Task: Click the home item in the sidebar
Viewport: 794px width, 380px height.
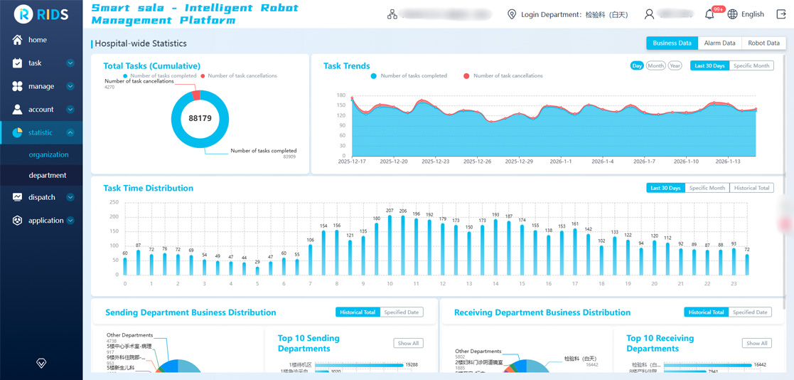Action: pyautogui.click(x=37, y=40)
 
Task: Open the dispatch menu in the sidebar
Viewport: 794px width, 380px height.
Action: pyautogui.click(x=42, y=197)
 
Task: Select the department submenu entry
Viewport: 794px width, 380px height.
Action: pyautogui.click(x=48, y=175)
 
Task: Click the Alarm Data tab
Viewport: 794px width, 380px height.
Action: pyautogui.click(x=719, y=43)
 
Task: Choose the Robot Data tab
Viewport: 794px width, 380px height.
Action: pyautogui.click(x=763, y=43)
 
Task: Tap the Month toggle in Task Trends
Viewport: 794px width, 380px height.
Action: pyautogui.click(x=655, y=65)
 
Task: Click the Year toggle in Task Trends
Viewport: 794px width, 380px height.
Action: pyautogui.click(x=675, y=65)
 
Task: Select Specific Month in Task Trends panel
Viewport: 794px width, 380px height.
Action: pyautogui.click(x=751, y=65)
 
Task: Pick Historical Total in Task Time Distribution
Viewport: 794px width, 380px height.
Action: pyautogui.click(x=751, y=188)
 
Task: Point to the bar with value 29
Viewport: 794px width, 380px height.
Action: pyautogui.click(x=257, y=270)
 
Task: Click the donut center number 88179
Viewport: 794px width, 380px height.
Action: pyautogui.click(x=200, y=119)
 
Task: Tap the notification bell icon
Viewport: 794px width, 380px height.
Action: pyautogui.click(x=709, y=14)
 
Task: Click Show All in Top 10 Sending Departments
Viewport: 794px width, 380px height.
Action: pyautogui.click(x=408, y=343)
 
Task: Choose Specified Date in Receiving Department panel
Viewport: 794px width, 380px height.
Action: pyautogui.click(x=750, y=312)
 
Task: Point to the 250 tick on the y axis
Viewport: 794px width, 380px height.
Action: pyautogui.click(x=114, y=202)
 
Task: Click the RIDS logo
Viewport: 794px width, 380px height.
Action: pyautogui.click(x=41, y=14)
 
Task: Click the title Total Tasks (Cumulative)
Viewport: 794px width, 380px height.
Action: pyautogui.click(x=151, y=65)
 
